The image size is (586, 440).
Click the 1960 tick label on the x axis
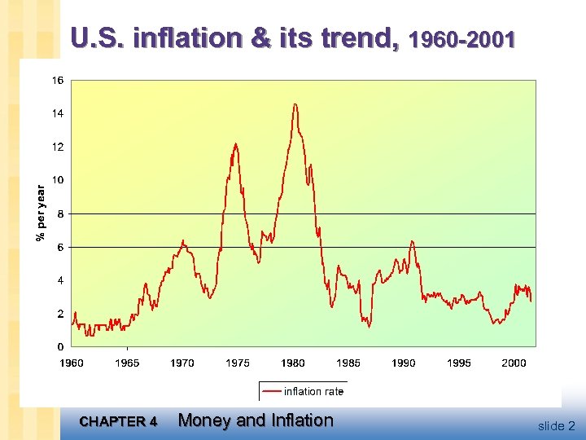pyautogui.click(x=72, y=363)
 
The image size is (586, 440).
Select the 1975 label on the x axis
pyautogui.click(x=238, y=363)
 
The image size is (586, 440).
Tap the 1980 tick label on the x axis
pyautogui.click(x=293, y=363)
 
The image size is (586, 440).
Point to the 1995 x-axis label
pyautogui.click(x=459, y=363)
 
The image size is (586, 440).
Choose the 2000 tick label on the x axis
pyautogui.click(x=514, y=363)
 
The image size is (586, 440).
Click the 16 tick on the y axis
pyautogui.click(x=59, y=81)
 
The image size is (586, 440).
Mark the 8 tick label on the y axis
pyautogui.click(x=60, y=213)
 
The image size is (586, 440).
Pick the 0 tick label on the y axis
pyautogui.click(x=60, y=347)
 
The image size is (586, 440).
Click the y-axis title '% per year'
pyautogui.click(x=40, y=213)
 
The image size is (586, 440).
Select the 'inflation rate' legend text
pyautogui.click(x=313, y=392)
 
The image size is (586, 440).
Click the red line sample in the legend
pyautogui.click(x=272, y=392)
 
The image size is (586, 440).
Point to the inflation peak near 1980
pyautogui.click(x=295, y=104)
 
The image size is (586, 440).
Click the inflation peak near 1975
pyautogui.click(x=236, y=144)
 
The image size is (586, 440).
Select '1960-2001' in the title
pyautogui.click(x=463, y=40)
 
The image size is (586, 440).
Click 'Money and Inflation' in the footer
pyautogui.click(x=256, y=420)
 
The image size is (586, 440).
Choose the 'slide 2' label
pyautogui.click(x=556, y=425)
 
